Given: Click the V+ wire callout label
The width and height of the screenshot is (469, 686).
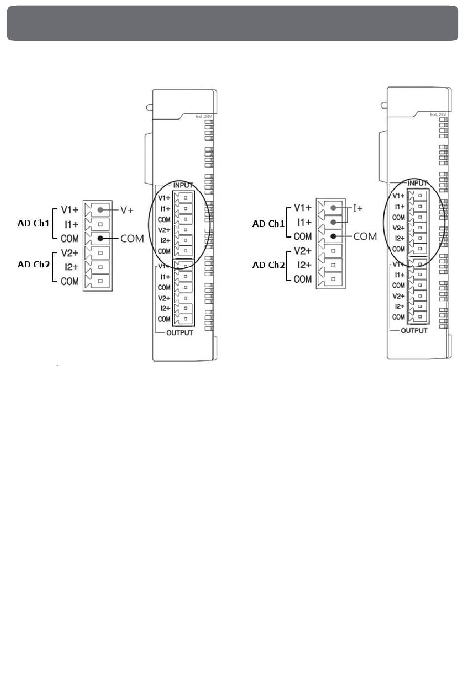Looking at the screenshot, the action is [x=127, y=210].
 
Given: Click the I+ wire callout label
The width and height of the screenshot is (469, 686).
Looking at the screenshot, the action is [x=358, y=208].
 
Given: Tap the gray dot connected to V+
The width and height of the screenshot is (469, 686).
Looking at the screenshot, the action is [x=101, y=210].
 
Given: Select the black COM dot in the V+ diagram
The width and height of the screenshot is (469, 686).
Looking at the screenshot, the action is [x=101, y=238].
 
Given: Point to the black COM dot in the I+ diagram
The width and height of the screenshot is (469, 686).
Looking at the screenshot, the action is [x=333, y=236].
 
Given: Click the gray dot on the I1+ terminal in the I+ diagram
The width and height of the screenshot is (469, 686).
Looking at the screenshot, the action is [x=333, y=222].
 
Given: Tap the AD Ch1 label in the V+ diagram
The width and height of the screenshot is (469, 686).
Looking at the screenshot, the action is [x=34, y=223].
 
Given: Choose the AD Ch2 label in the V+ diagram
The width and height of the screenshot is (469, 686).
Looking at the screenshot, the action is [x=34, y=265].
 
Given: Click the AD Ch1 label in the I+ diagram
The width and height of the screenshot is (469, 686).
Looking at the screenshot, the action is [x=268, y=224].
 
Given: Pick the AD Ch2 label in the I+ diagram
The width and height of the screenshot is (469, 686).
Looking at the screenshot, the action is [x=268, y=265].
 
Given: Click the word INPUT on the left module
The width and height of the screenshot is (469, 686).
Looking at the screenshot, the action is [x=183, y=185].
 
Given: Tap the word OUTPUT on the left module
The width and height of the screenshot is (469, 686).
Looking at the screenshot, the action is [x=180, y=333].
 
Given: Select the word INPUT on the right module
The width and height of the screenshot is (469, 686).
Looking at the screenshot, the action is [x=417, y=183].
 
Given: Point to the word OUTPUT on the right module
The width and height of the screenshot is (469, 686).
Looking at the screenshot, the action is [x=414, y=330].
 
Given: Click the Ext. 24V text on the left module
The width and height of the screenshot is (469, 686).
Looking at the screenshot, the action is [x=204, y=116].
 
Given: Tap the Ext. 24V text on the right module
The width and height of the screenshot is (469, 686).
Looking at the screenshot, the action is [x=438, y=114].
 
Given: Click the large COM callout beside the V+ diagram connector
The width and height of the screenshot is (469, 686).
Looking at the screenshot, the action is [x=132, y=238].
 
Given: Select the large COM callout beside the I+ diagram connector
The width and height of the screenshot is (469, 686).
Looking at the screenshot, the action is [x=365, y=236].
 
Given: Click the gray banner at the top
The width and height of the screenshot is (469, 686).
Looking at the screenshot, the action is [x=233, y=23].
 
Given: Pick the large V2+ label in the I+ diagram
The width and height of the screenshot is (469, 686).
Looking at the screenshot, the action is [x=303, y=251].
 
